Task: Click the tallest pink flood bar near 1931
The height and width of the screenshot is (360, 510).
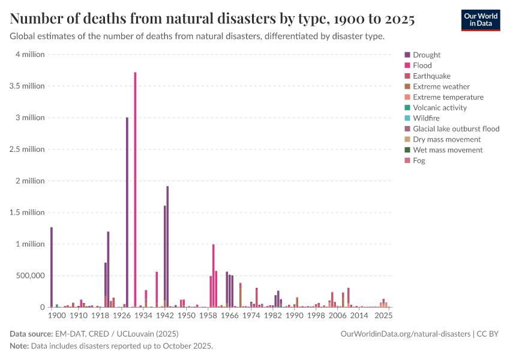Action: tap(135, 189)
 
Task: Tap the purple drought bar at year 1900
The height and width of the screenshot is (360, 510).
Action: tap(52, 267)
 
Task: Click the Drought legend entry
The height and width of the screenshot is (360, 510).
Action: tap(427, 55)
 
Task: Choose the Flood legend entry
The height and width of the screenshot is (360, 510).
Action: tap(422, 65)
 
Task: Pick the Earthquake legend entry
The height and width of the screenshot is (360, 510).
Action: tap(431, 76)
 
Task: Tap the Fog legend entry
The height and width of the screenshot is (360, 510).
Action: tap(419, 161)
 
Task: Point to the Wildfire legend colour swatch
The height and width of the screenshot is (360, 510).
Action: tap(408, 118)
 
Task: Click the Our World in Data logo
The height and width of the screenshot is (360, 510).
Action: tap(481, 20)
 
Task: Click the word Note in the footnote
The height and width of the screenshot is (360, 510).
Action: tap(20, 346)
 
